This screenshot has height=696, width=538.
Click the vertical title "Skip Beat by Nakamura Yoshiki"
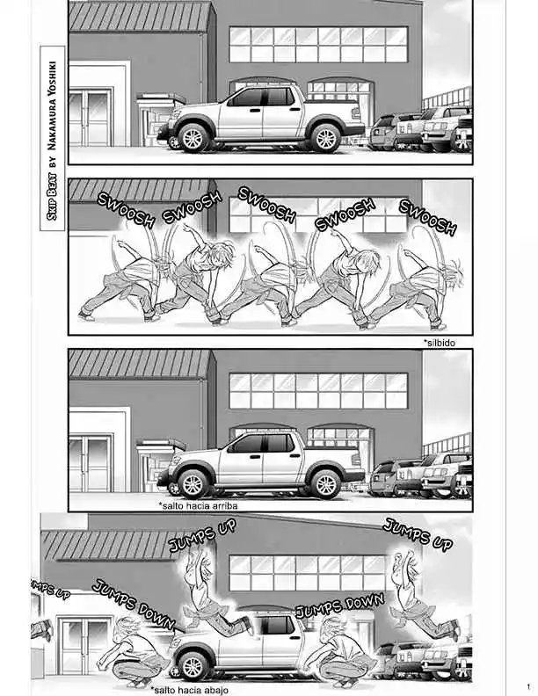[53, 139]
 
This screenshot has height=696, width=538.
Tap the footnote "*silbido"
[439, 343]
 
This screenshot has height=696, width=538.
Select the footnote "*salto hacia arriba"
[198, 505]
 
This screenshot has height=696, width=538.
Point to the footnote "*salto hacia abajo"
[190, 690]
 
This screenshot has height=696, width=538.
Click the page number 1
[528, 686]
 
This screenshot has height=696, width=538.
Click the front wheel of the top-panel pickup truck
[193, 138]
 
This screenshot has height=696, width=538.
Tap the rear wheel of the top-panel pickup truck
[325, 138]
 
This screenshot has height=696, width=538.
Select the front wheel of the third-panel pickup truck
[193, 483]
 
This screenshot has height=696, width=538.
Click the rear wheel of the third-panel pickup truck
[325, 483]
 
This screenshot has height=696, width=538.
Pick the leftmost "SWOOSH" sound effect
[126, 209]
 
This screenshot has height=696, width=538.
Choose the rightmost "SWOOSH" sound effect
[427, 216]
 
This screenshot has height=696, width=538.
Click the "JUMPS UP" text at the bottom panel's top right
[418, 534]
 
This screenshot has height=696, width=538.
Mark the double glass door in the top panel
[90, 118]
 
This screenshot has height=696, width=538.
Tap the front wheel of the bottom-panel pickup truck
[192, 666]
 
